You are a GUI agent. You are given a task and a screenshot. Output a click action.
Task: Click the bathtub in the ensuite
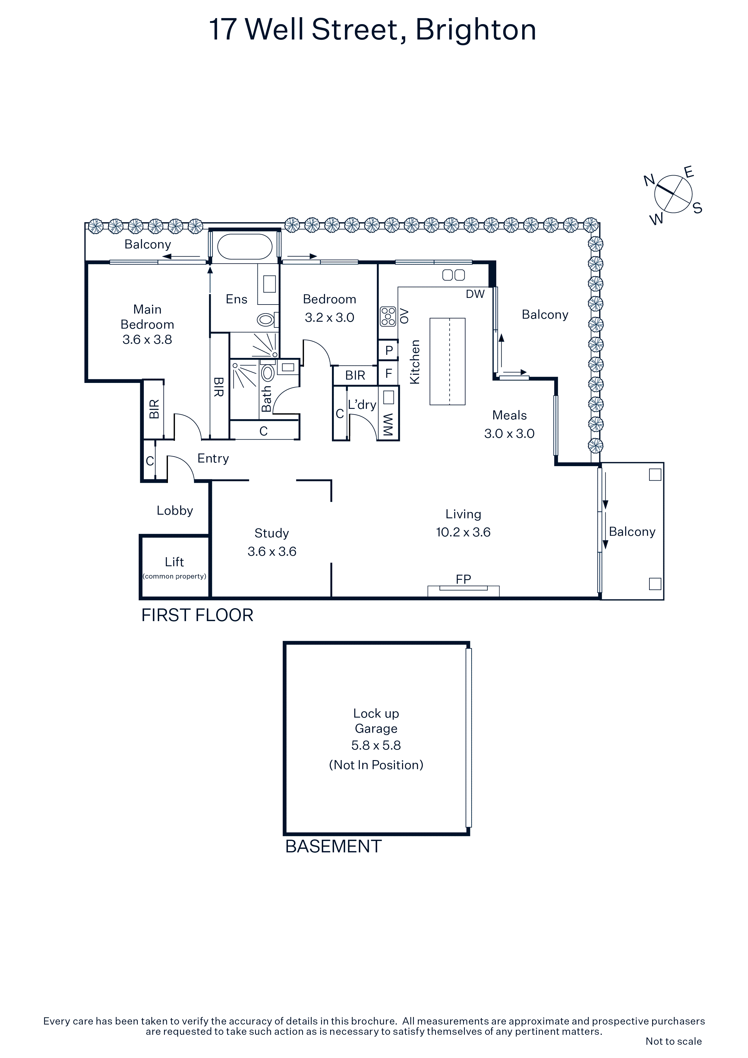(245, 247)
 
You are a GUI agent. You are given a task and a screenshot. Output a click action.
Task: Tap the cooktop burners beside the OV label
(388, 316)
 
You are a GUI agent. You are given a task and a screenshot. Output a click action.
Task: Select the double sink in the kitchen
(453, 275)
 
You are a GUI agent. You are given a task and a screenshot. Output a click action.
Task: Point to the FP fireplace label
(463, 579)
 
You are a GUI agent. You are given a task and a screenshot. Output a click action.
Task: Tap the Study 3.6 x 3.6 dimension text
(272, 551)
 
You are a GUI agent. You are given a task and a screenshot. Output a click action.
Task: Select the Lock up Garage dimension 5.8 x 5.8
(376, 745)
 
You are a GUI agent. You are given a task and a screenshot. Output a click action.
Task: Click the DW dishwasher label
(475, 294)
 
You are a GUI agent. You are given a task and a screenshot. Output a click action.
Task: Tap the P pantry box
(389, 350)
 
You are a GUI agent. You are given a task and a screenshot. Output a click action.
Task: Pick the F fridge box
(389, 373)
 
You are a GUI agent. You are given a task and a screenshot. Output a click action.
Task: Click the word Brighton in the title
(476, 30)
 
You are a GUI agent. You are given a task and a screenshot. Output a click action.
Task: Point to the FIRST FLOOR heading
(197, 615)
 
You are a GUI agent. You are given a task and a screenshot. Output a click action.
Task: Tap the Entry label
(213, 459)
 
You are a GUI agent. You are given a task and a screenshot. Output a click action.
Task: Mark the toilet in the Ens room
(268, 319)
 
